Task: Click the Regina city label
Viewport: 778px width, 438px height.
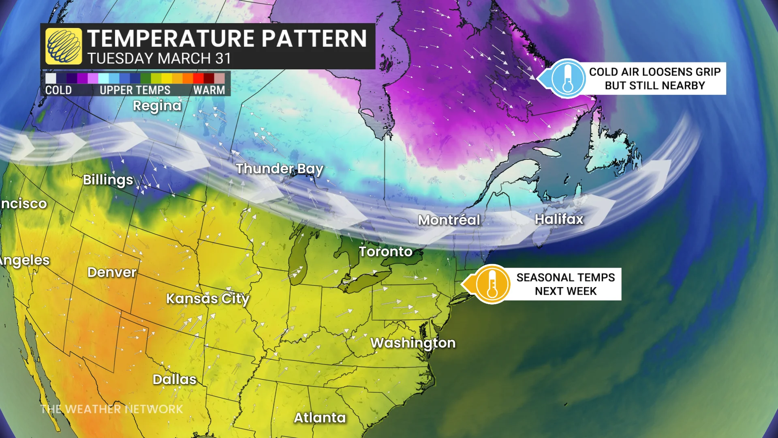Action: [x=157, y=106]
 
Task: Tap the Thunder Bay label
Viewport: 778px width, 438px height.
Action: [x=280, y=169]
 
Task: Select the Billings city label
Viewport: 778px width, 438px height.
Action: [x=108, y=180]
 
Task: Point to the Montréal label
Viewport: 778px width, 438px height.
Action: [x=449, y=220]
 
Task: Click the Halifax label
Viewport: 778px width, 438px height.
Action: [x=559, y=219]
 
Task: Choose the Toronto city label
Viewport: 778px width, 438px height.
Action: [x=385, y=251]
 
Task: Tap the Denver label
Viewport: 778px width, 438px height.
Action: [x=112, y=272]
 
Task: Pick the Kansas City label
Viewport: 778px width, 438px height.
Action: [x=208, y=299]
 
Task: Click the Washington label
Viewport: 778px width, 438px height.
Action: [x=413, y=343]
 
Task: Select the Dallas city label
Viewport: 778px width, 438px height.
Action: [x=174, y=379]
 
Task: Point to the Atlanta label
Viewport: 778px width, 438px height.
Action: [x=320, y=418]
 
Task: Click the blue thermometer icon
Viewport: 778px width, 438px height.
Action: [x=568, y=79]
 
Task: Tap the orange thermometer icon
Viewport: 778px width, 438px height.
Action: [x=492, y=284]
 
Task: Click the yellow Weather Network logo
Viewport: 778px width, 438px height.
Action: [x=64, y=46]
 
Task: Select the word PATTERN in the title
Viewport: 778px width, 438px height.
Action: [x=314, y=39]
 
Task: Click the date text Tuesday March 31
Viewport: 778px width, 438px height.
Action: [x=159, y=59]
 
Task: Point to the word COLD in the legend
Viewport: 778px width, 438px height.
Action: [x=58, y=90]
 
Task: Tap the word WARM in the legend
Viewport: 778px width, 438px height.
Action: [x=209, y=90]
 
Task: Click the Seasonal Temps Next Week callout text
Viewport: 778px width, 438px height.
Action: [x=565, y=284]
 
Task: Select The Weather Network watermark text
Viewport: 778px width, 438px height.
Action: [x=112, y=409]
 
